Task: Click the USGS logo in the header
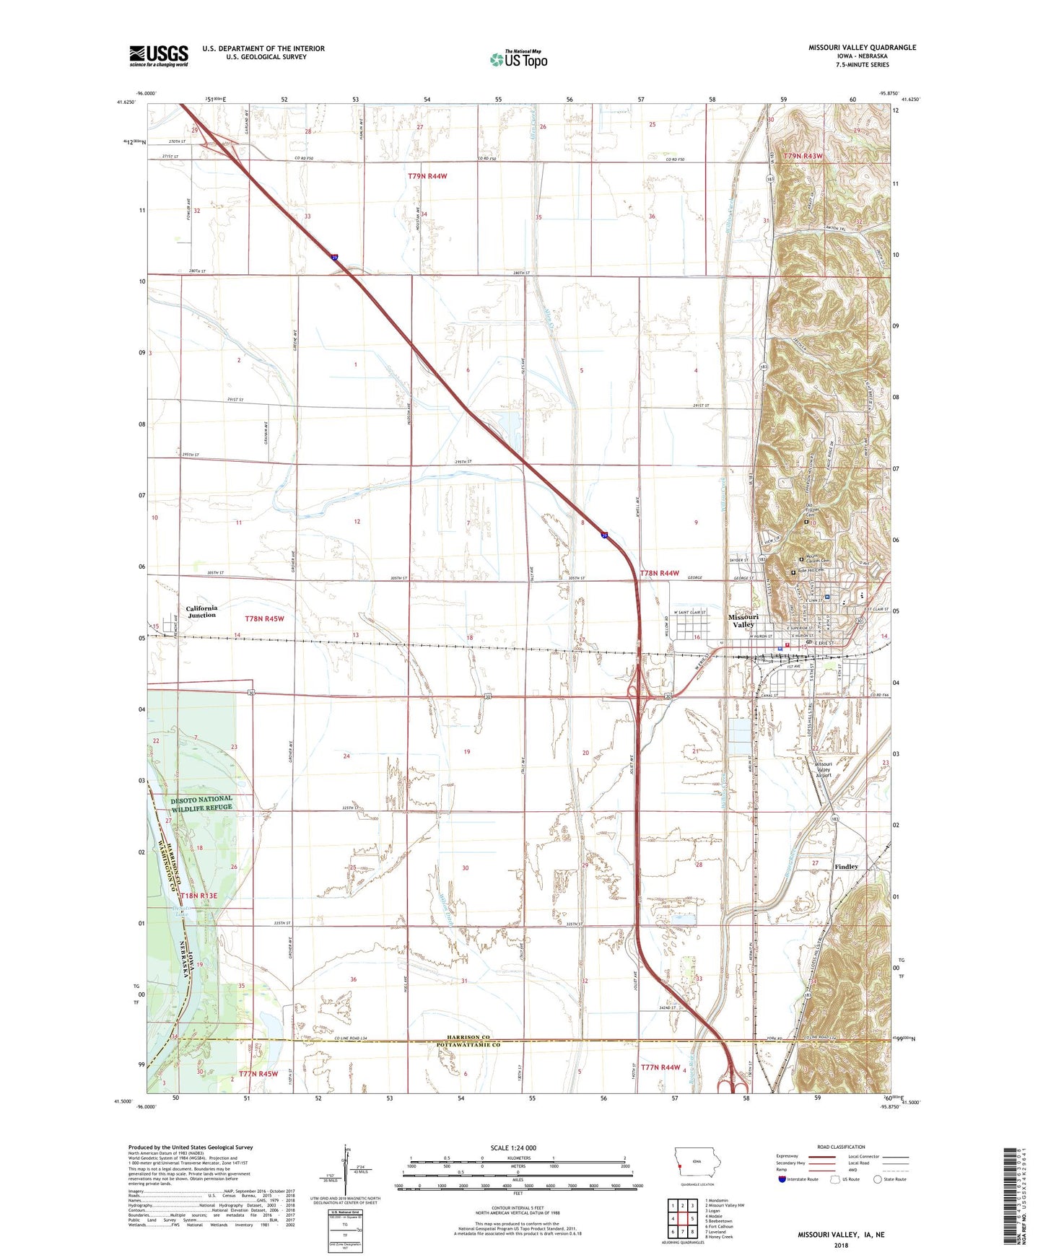pos(159,56)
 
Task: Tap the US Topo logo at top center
pos(518,58)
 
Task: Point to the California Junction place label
pos(201,612)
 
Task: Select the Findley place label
pos(846,867)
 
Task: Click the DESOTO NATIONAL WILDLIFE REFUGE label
pos(201,803)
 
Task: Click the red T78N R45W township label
pos(264,619)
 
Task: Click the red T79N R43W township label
pos(803,156)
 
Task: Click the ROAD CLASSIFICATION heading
pos(841,1147)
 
